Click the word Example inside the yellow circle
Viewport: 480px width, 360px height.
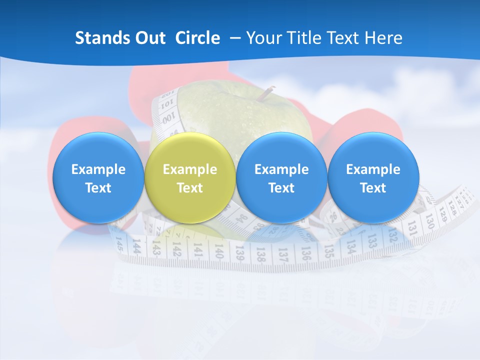click(190, 169)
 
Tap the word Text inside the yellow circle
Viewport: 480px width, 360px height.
click(190, 188)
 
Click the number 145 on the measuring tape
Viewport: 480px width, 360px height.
click(119, 243)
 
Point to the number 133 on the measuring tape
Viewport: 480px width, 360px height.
click(372, 241)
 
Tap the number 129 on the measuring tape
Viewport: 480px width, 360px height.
click(441, 213)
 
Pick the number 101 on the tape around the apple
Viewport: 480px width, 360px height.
click(168, 104)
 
